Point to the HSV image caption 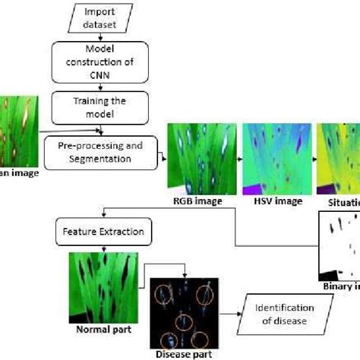(272, 202)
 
